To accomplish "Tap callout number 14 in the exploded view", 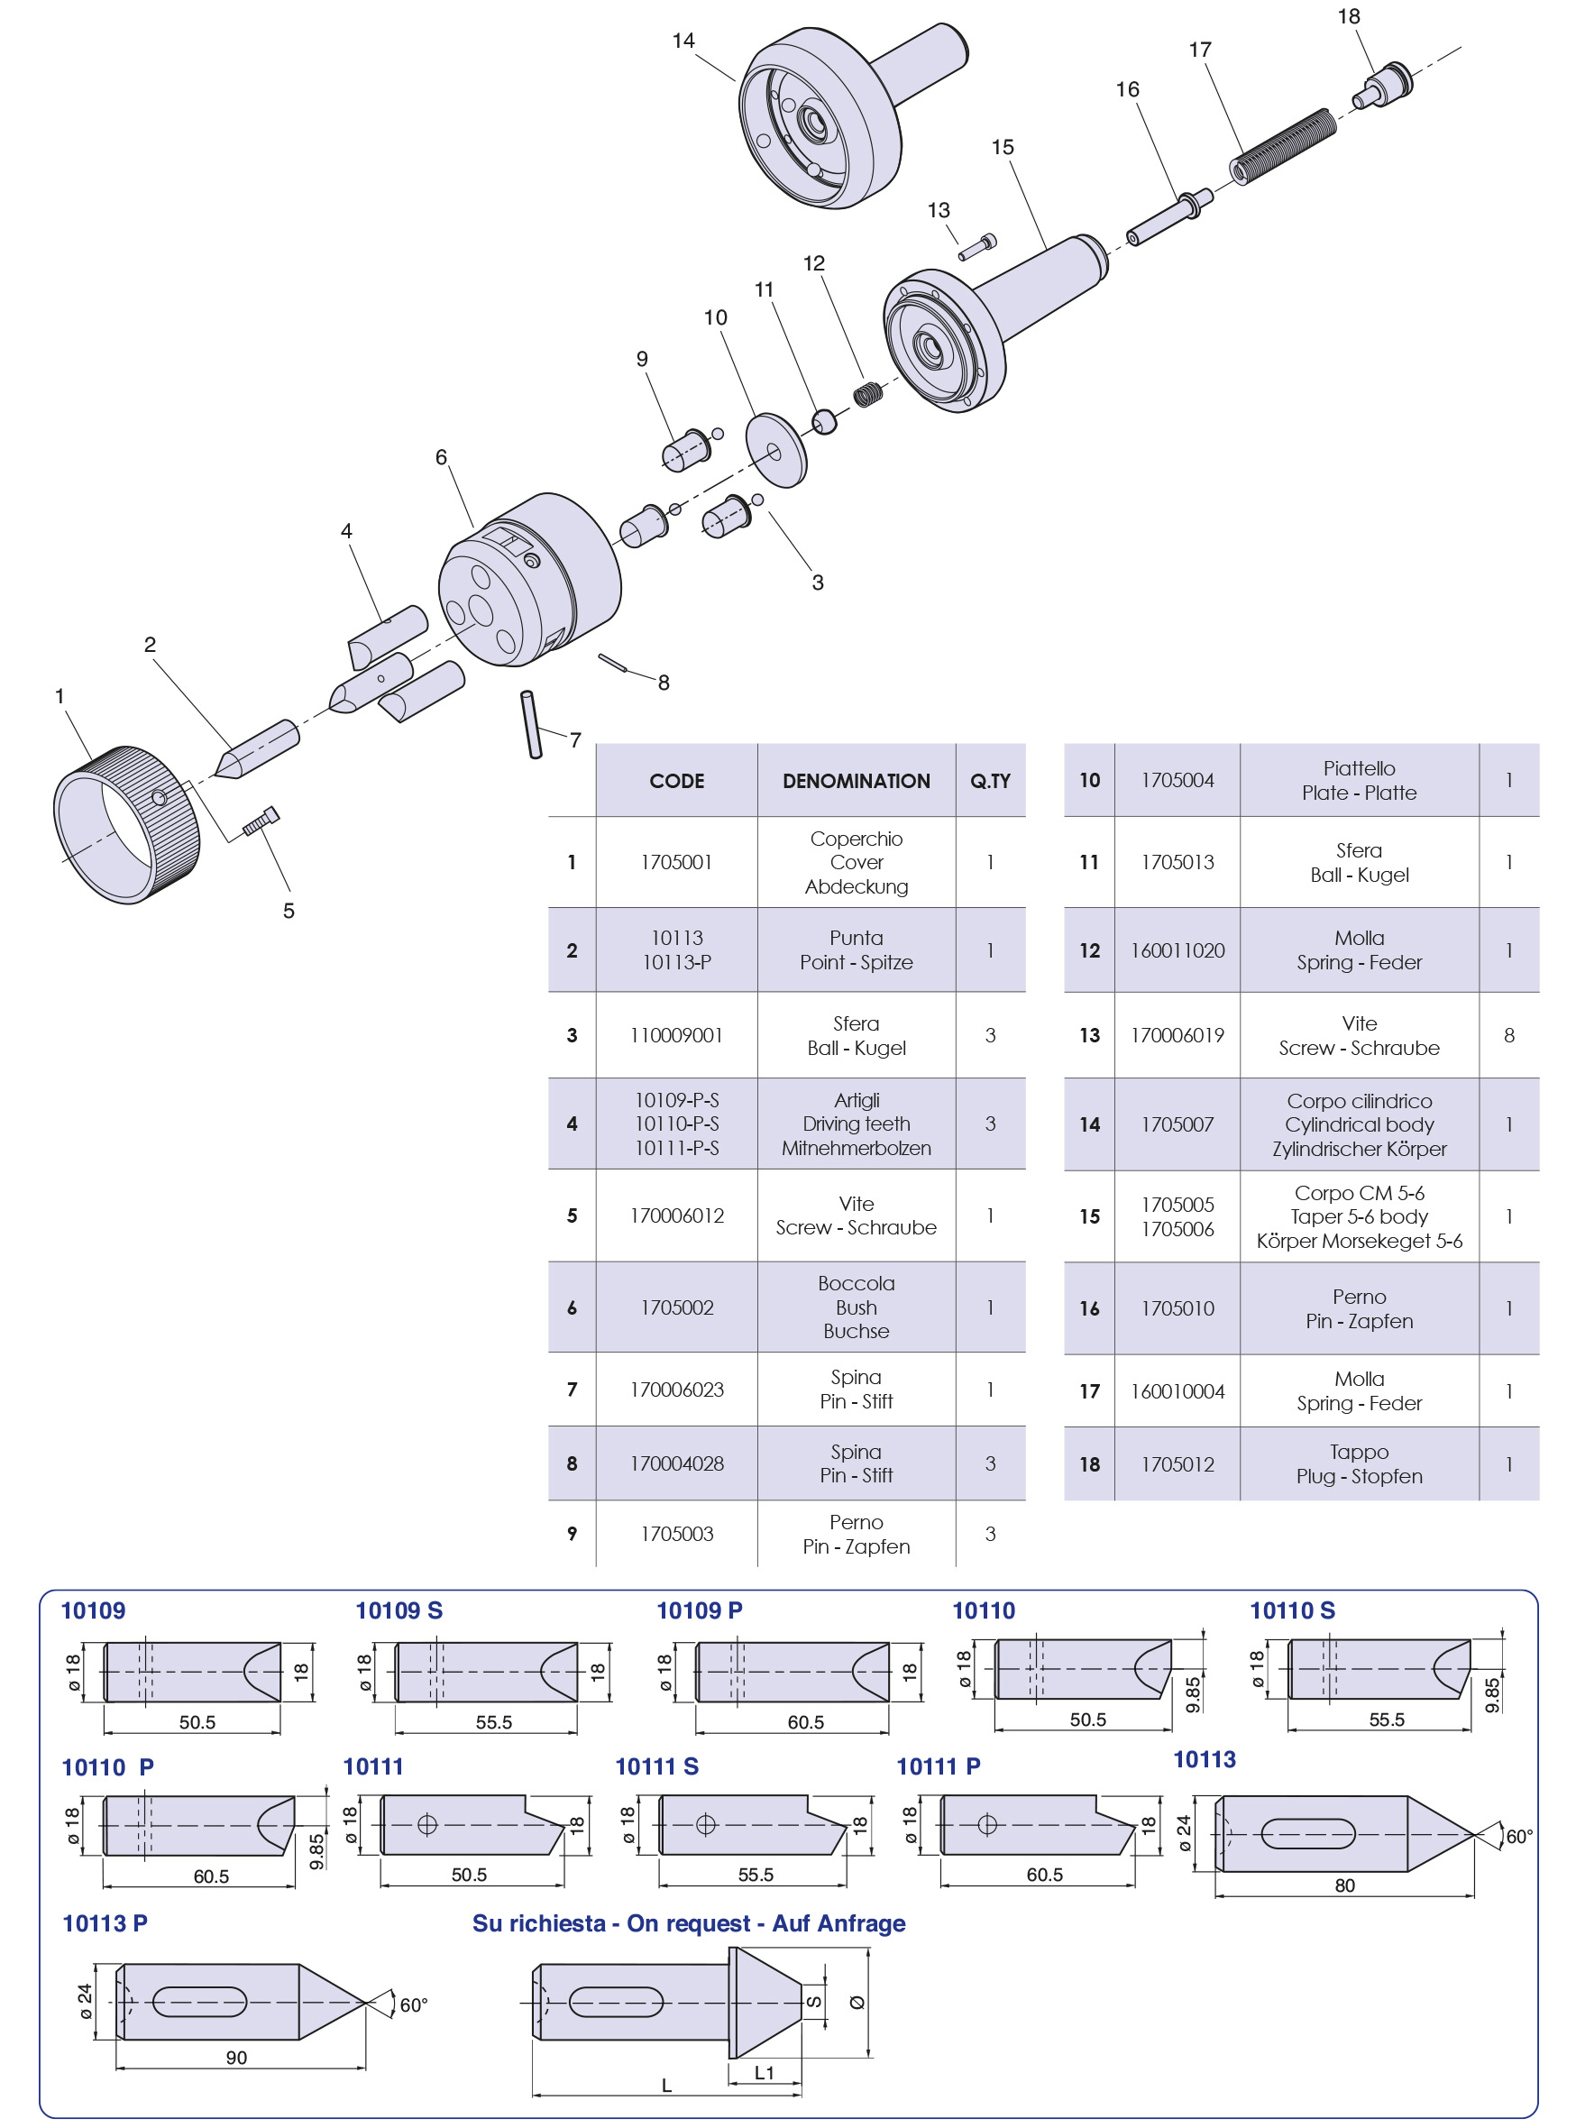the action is tap(683, 40).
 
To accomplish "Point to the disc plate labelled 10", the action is tap(775, 449).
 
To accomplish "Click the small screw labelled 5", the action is tap(261, 821).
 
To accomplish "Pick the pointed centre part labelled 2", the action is tap(257, 748).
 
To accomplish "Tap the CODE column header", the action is tap(676, 781).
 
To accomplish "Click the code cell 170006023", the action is tap(676, 1390).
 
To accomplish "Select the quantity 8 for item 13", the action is tap(1508, 1035).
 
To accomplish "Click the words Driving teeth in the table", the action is tap(856, 1124).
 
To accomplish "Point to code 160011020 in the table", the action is tap(1177, 950).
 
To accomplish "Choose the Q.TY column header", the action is tap(990, 781).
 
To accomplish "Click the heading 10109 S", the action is tap(399, 1611).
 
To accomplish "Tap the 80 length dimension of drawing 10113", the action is tap(1344, 1885).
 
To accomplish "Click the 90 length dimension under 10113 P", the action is tap(236, 2058).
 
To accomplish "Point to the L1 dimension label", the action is tap(765, 2073).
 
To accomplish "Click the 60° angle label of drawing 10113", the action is tap(1519, 1836).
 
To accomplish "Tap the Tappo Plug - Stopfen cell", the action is tap(1359, 1463).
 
